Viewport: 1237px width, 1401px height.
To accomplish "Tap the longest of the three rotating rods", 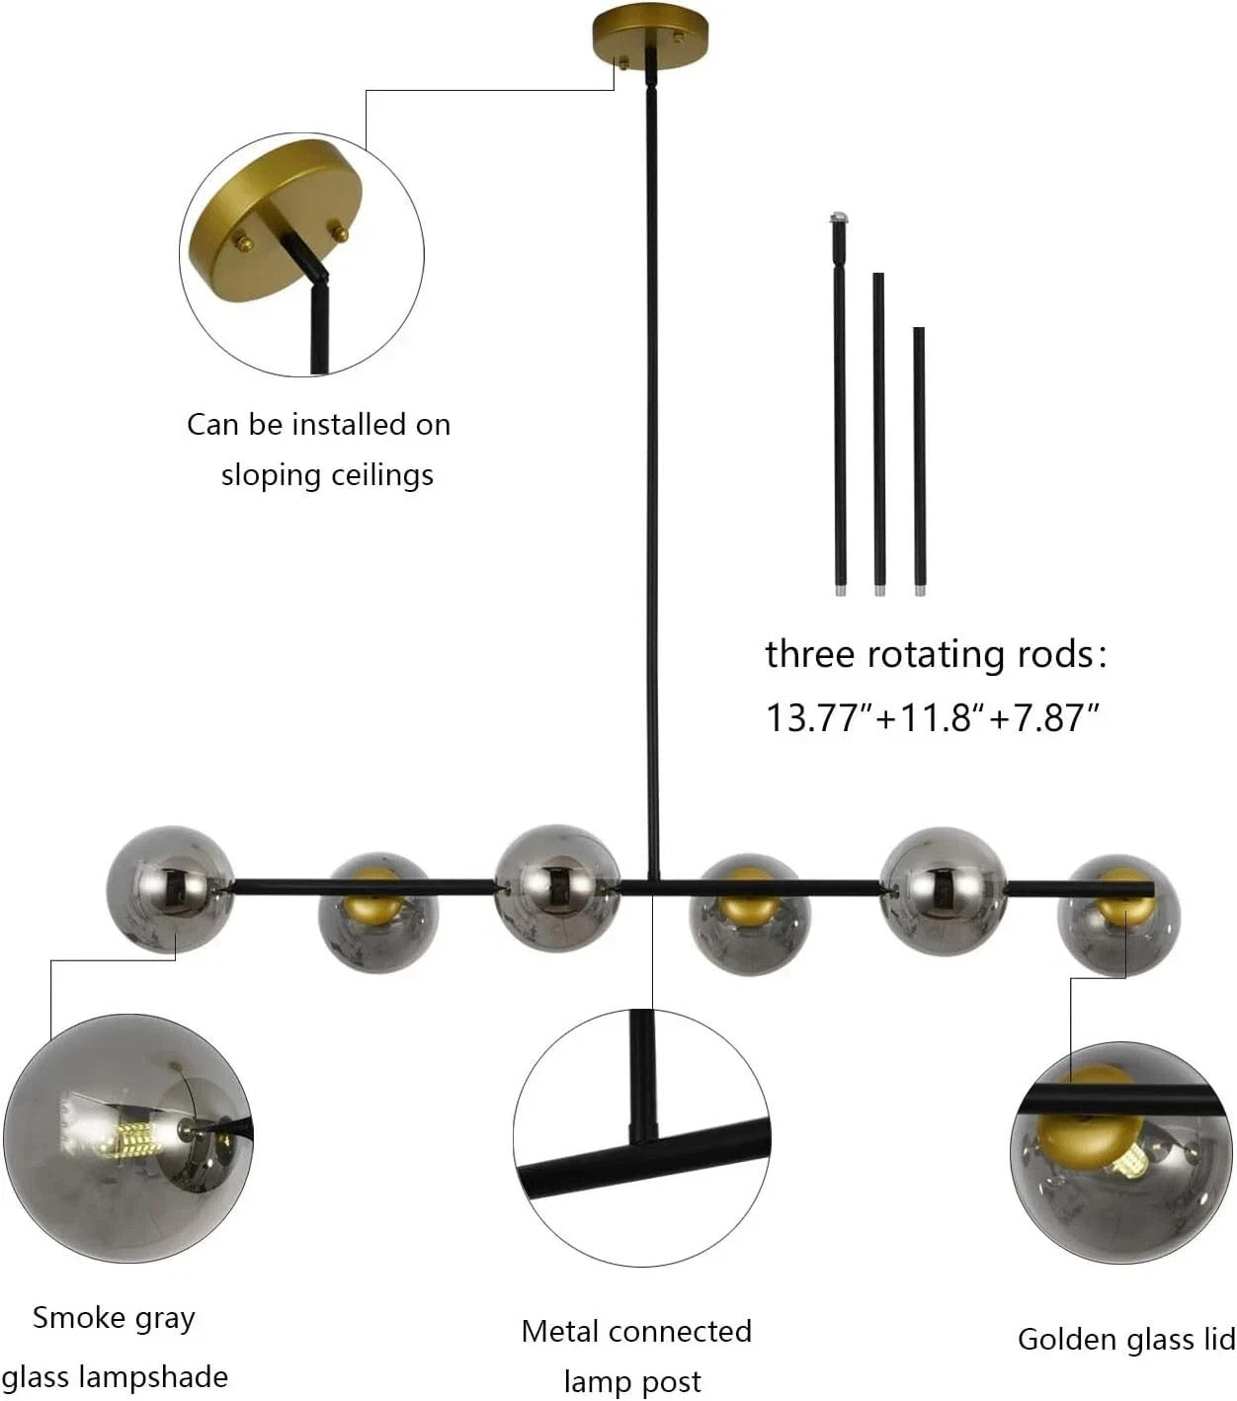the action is click(840, 404).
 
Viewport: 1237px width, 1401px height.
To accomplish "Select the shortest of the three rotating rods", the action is click(919, 461).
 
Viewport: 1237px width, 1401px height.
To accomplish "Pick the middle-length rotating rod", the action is click(878, 435).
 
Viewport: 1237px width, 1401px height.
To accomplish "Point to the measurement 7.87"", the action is click(1055, 717).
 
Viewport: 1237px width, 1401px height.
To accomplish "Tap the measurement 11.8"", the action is click(942, 717).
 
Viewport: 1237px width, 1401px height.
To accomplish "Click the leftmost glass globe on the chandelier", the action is click(170, 889).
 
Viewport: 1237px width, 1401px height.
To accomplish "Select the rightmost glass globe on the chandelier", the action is click(1117, 916).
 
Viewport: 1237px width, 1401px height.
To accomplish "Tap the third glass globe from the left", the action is click(557, 888).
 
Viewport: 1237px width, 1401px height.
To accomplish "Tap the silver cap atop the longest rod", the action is click(840, 217).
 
